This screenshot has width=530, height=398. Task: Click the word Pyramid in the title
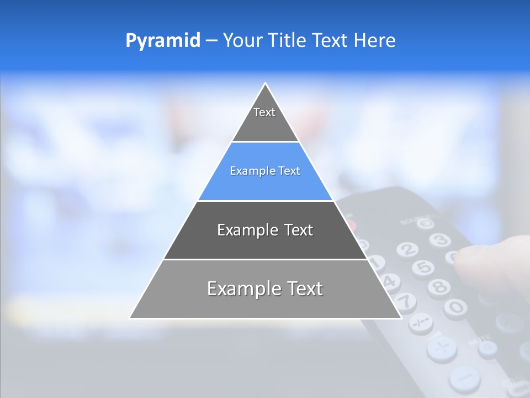162,40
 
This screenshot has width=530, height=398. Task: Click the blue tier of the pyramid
265,171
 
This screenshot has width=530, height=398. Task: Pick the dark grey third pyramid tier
265,230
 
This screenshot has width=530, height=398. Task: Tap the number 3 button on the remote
439,240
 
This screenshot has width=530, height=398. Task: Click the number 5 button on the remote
423,268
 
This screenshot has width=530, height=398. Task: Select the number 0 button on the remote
455,306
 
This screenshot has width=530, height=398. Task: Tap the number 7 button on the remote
406,302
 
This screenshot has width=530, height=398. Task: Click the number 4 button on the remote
390,281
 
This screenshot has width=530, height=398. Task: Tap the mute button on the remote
487,348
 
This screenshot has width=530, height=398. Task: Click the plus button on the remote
442,349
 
